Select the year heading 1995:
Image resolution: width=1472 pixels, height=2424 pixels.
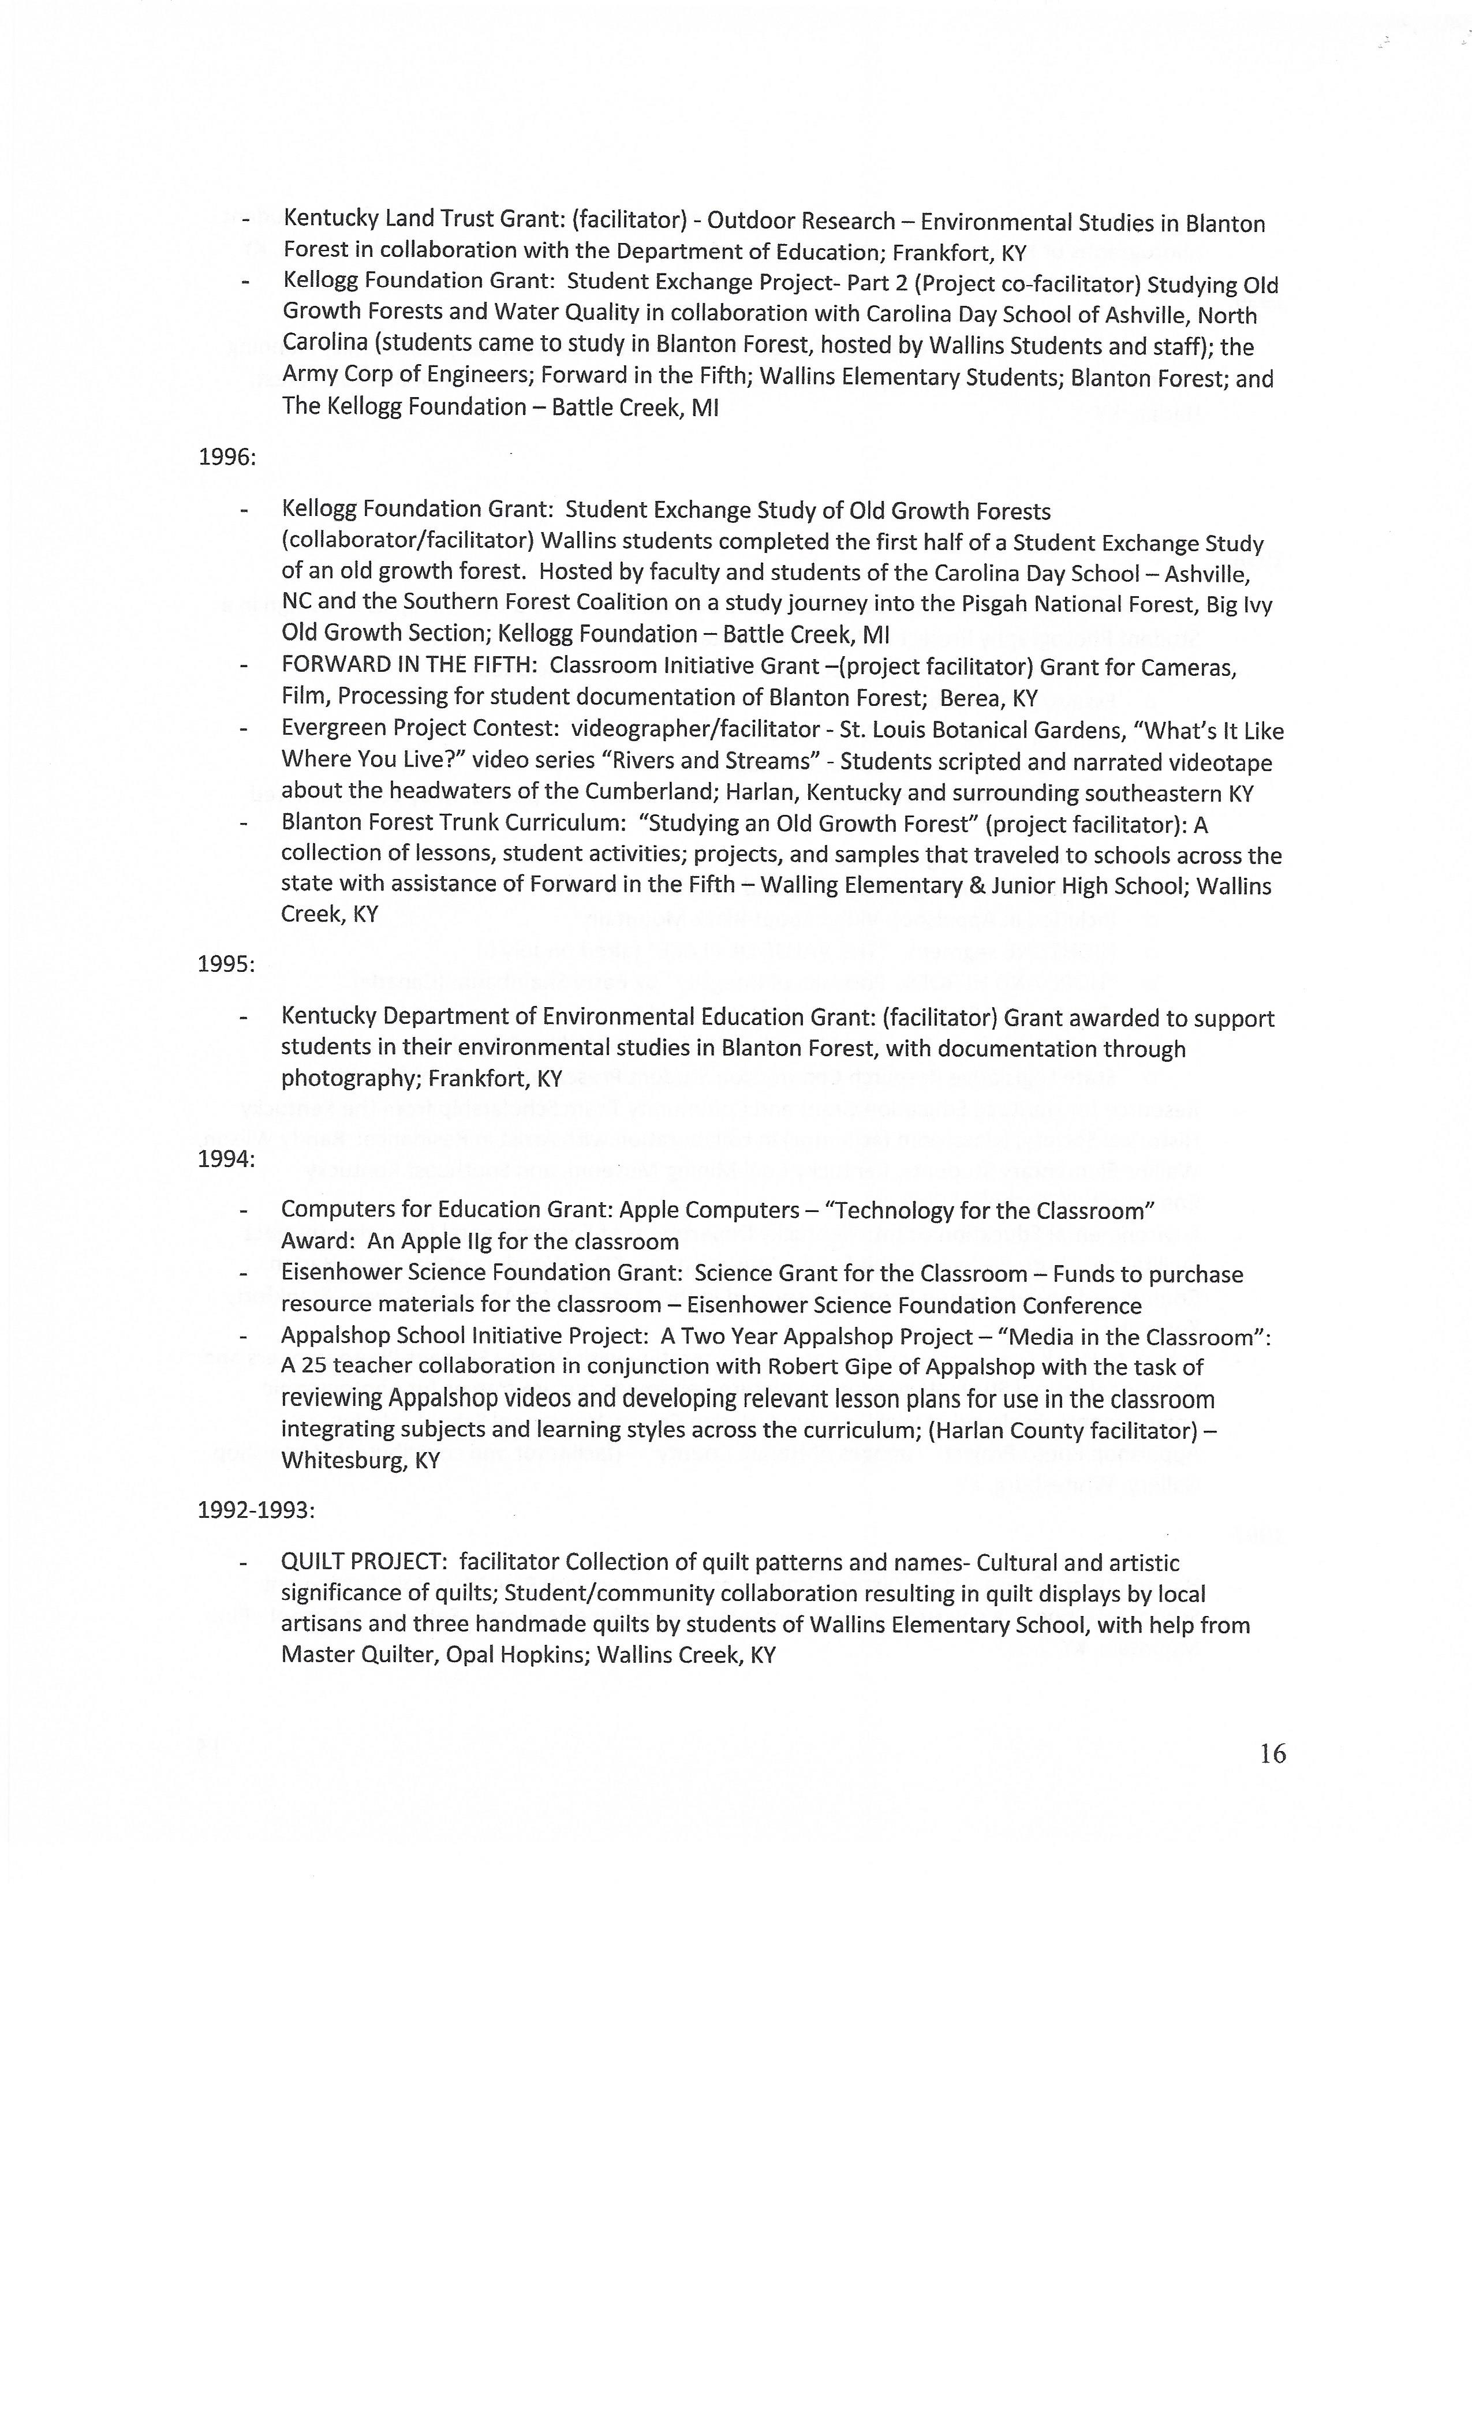[226, 964]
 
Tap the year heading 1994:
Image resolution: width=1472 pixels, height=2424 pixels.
[226, 1159]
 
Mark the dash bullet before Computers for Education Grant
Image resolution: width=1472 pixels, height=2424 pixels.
[242, 1210]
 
